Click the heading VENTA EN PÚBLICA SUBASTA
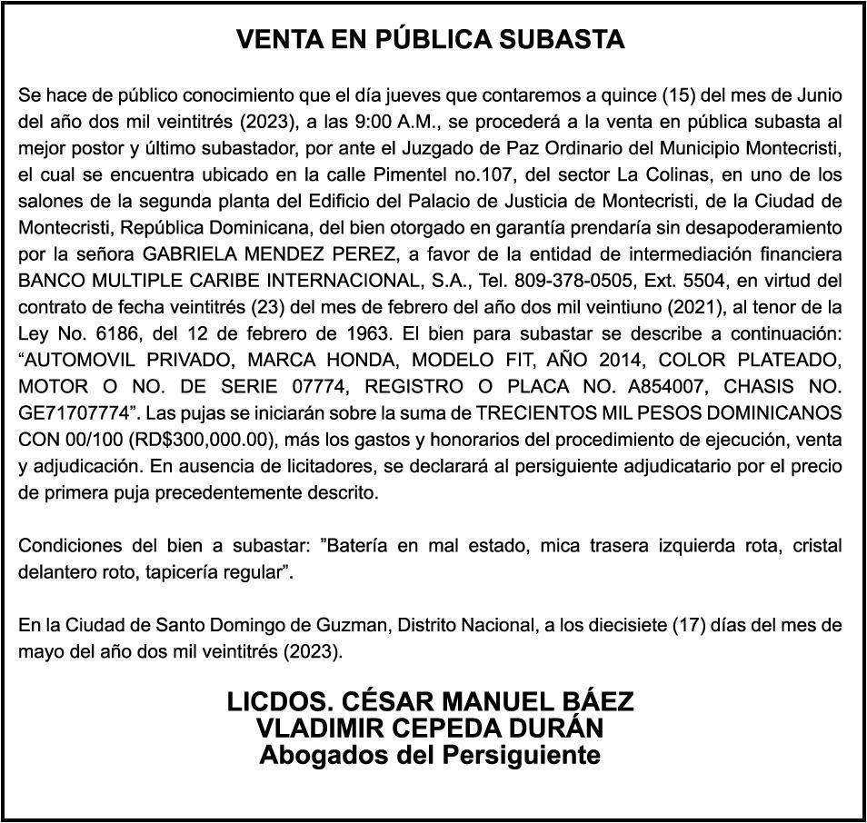431,40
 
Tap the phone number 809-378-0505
565,280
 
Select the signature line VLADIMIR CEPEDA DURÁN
431,729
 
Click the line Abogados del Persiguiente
431,755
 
